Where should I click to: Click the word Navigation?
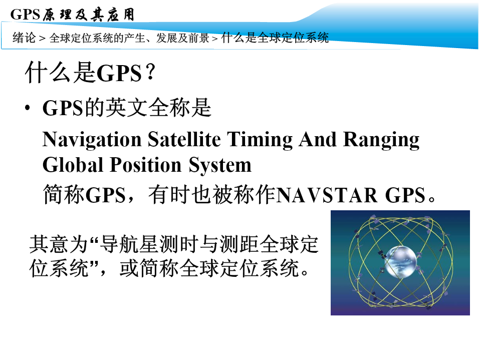point(92,140)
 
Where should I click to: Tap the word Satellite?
point(184,139)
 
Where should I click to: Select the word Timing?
point(260,140)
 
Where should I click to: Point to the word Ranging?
point(381,140)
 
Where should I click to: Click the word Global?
point(73,165)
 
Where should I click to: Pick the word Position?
point(146,165)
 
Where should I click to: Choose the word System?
point(220,165)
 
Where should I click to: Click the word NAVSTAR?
point(327,195)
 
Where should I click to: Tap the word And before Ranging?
point(318,139)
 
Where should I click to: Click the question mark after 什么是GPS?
point(151,72)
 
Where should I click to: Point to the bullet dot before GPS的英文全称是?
point(28,108)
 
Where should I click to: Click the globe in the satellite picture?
point(400,261)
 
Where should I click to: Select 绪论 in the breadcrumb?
point(24,38)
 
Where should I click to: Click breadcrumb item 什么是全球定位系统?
point(275,38)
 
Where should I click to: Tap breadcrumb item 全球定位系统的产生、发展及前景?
point(129,38)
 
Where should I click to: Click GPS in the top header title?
point(25,14)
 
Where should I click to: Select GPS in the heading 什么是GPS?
point(119,74)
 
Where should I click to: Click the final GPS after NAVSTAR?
point(405,195)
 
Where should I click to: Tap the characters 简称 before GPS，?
point(64,195)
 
